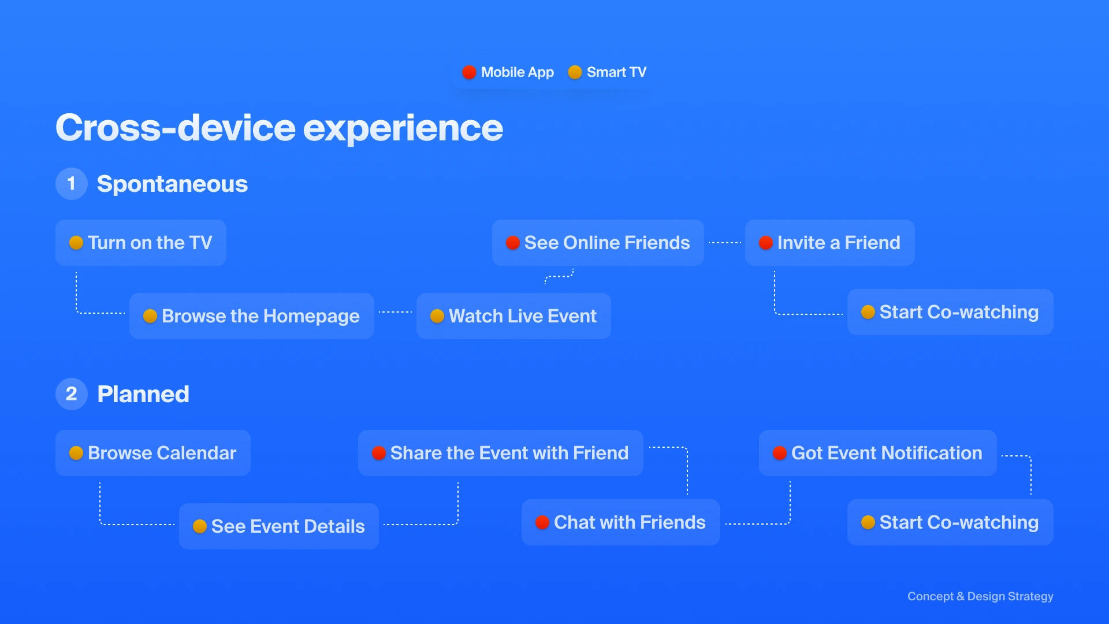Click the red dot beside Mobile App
(469, 72)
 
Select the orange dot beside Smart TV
(575, 72)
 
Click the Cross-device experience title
(279, 128)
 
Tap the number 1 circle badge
(72, 184)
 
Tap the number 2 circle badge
(72, 394)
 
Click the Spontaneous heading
(172, 184)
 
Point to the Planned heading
(143, 394)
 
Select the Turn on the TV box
(141, 243)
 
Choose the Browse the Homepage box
(252, 316)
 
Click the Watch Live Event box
(513, 316)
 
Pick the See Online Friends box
(598, 243)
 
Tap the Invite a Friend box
(830, 243)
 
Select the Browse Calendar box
(153, 453)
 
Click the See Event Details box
(279, 526)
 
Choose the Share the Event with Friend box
(501, 453)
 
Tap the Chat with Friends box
(621, 522)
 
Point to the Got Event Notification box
(878, 453)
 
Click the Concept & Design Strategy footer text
(980, 596)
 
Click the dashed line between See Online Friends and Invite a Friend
(725, 243)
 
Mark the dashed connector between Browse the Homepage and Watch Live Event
(396, 312)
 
